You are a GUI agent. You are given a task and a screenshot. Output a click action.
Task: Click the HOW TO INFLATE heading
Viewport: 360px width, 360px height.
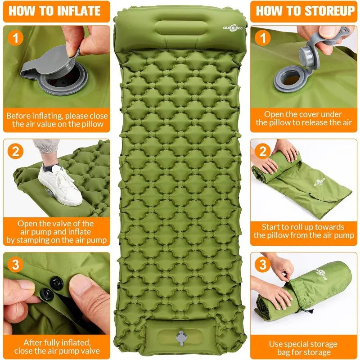pyautogui.click(x=54, y=11)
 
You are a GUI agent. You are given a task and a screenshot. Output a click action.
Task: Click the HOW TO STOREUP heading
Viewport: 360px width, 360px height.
pyautogui.click(x=305, y=11)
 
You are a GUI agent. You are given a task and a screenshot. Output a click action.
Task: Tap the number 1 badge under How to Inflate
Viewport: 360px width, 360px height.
pyautogui.click(x=15, y=38)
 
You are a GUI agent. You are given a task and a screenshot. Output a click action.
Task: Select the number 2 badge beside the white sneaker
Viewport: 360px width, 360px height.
pyautogui.click(x=15, y=151)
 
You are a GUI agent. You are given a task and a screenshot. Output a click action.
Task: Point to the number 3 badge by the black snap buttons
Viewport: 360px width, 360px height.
pyautogui.click(x=15, y=265)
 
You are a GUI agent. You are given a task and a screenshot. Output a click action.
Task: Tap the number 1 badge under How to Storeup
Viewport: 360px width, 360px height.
pyautogui.click(x=263, y=38)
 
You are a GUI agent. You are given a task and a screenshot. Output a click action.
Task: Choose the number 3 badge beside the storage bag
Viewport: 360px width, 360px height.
pyautogui.click(x=263, y=265)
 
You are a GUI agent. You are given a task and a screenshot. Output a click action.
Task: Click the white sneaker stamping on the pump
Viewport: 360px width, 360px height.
pyautogui.click(x=60, y=185)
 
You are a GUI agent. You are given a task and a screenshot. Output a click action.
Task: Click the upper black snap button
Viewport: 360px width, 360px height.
pyautogui.click(x=57, y=283)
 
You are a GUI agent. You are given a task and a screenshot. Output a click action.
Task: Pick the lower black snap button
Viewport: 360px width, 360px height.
pyautogui.click(x=47, y=295)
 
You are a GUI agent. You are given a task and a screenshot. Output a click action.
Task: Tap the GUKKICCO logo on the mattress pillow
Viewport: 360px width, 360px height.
pyautogui.click(x=233, y=28)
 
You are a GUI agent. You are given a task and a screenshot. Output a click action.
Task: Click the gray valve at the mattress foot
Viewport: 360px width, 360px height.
pyautogui.click(x=181, y=337)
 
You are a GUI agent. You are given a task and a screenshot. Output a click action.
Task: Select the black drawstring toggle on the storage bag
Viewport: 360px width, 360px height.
pyautogui.click(x=311, y=311)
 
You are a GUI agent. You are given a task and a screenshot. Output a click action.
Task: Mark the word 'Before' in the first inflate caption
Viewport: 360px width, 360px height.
pyautogui.click(x=18, y=116)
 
